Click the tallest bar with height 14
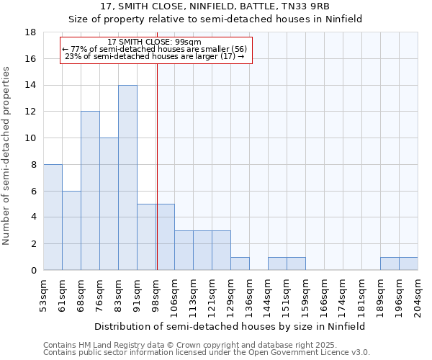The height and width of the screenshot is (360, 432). tap(127, 178)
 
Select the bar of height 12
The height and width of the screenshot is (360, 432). tap(90, 191)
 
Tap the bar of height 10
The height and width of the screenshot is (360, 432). tap(109, 204)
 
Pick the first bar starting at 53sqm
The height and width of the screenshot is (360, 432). tap(53, 217)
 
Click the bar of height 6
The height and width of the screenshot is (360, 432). tap(71, 230)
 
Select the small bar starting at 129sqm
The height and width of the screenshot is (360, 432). tap(240, 264)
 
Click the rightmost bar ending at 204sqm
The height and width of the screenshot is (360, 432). tap(408, 264)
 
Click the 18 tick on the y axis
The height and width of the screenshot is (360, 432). tap(31, 32)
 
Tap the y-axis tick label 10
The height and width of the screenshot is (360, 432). tap(31, 138)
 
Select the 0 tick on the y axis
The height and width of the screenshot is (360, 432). tap(34, 270)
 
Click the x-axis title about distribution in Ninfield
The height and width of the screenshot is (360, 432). tap(230, 326)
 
